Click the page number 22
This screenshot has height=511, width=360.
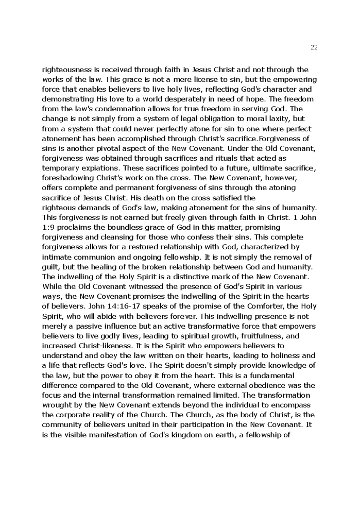click(314, 47)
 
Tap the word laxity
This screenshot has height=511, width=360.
click(273, 118)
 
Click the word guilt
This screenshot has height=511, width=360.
click(50, 267)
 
